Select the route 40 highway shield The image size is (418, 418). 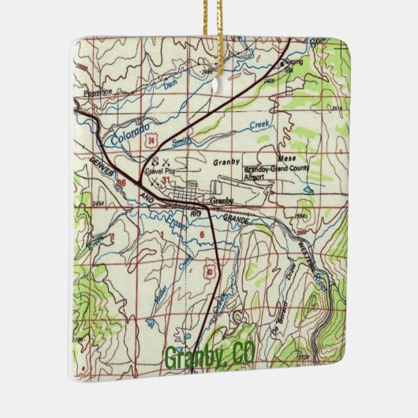click(209, 272)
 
